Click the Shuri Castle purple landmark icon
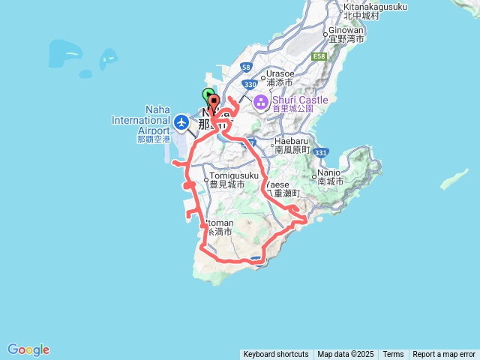point(260,102)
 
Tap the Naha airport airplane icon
point(181,121)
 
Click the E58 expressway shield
point(319,56)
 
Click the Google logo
point(28,349)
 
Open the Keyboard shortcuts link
point(275,355)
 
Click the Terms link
point(393,355)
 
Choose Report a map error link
point(444,355)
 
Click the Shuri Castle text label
point(298,102)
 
